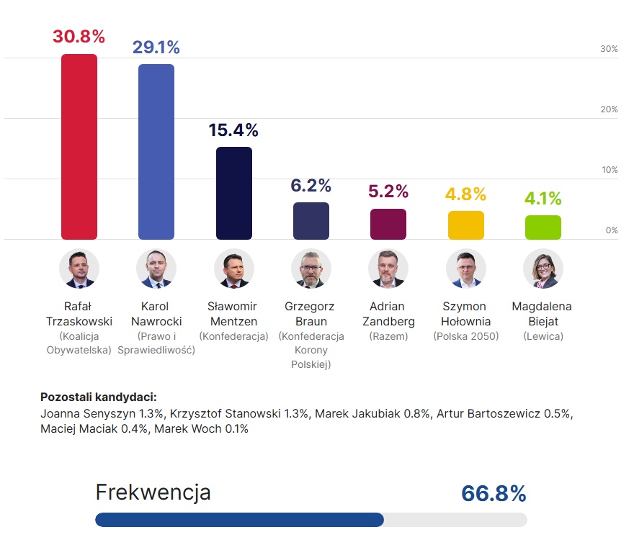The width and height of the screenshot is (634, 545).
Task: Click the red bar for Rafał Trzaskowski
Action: [x=79, y=147]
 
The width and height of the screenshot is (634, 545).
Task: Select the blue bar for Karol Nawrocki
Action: [x=156, y=152]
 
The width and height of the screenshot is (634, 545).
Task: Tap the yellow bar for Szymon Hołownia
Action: [x=466, y=225]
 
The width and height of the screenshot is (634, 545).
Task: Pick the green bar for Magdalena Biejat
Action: [x=543, y=228]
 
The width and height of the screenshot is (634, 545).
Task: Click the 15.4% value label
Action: [x=233, y=130]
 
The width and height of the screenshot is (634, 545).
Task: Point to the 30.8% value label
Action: [x=79, y=37]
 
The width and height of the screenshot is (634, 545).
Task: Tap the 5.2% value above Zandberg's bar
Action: [x=388, y=192]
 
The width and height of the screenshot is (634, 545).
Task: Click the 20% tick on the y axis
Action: [x=609, y=109]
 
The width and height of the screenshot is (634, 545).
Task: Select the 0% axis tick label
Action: [x=612, y=230]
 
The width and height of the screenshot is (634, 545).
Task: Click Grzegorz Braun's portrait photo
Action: [x=311, y=269]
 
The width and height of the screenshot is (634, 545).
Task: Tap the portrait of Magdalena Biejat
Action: [x=543, y=269]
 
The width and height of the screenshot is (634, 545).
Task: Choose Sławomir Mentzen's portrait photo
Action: [x=234, y=269]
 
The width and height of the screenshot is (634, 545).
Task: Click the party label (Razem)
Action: [x=388, y=336]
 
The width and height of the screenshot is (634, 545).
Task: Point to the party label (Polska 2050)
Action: [x=466, y=336]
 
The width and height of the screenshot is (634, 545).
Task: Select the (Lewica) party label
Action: [x=543, y=336]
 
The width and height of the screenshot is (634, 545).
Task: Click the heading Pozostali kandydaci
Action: [x=99, y=397]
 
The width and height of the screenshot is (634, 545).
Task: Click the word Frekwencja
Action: [x=153, y=492]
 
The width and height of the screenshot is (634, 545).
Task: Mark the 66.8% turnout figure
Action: [x=494, y=494]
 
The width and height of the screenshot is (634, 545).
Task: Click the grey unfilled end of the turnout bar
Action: [x=455, y=520]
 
